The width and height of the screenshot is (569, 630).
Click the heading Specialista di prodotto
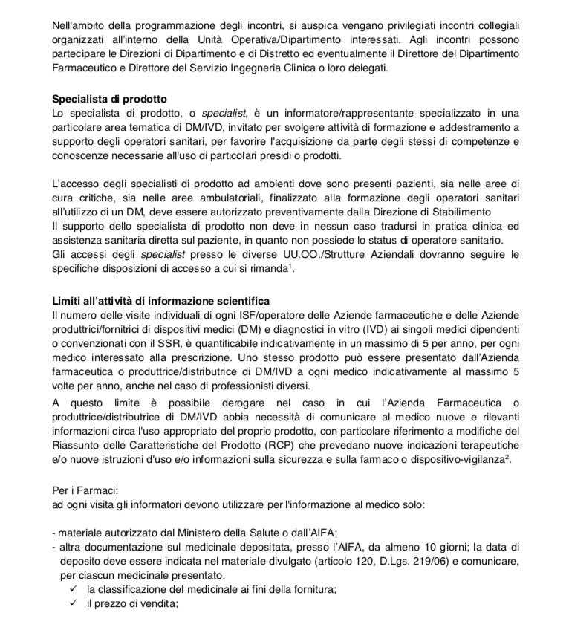click(x=109, y=100)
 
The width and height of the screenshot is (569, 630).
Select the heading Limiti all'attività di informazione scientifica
click(x=161, y=300)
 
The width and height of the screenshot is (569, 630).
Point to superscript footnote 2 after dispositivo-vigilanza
click(x=510, y=457)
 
